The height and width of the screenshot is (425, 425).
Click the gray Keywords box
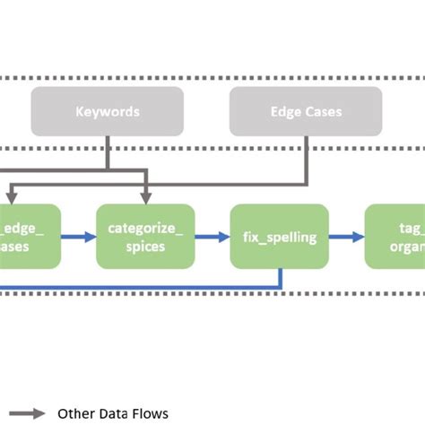tap(108, 112)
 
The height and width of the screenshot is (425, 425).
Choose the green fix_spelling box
tap(279, 236)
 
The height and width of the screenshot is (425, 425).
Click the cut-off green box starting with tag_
tap(395, 236)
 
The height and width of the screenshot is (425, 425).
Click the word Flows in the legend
tap(148, 413)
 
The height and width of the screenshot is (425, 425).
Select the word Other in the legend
tap(74, 413)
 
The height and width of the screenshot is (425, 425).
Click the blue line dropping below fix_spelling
tap(281, 278)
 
